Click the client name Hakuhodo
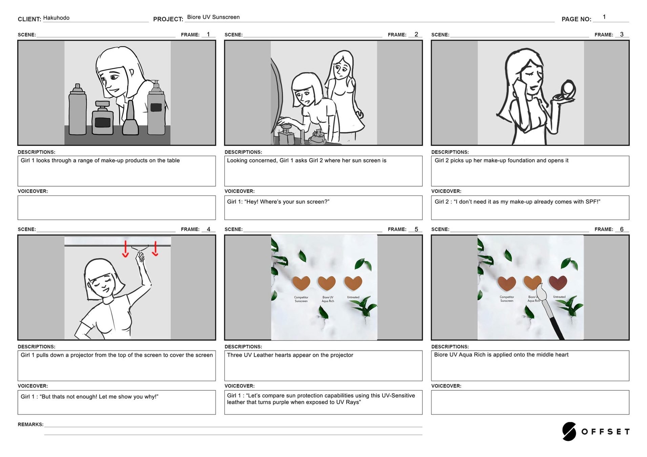56,18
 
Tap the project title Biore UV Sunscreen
213,17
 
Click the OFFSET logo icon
569,431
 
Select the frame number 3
622,34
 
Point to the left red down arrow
125,249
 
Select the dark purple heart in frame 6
558,283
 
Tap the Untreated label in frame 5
353,297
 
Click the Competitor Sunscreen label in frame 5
301,299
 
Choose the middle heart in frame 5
327,283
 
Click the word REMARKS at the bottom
30,425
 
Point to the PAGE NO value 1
604,17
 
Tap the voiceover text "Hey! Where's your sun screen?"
287,202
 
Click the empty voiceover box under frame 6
530,402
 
